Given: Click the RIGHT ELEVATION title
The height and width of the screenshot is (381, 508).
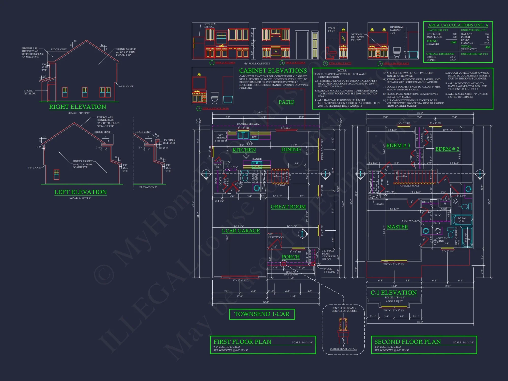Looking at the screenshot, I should pyautogui.click(x=77, y=107).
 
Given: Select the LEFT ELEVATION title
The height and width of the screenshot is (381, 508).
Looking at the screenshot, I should pyautogui.click(x=80, y=192).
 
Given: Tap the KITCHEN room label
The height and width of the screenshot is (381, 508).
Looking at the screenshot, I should pyautogui.click(x=244, y=150).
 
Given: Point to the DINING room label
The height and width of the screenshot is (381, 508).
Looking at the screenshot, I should pyautogui.click(x=291, y=149).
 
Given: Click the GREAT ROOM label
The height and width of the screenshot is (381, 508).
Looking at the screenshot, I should pyautogui.click(x=288, y=207).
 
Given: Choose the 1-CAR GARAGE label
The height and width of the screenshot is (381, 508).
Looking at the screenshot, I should pyautogui.click(x=241, y=231).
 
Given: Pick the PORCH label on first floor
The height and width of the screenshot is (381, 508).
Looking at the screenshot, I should pyautogui.click(x=291, y=257).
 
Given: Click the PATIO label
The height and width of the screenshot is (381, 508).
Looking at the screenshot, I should pyautogui.click(x=286, y=102).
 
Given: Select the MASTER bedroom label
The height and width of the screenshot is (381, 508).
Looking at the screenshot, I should pyautogui.click(x=397, y=227).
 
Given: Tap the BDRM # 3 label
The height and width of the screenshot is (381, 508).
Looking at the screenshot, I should pyautogui.click(x=398, y=145).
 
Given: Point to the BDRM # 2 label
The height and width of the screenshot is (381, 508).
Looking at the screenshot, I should pyautogui.click(x=447, y=149).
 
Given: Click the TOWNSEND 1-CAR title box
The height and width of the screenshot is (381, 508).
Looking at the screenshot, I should pyautogui.click(x=262, y=314).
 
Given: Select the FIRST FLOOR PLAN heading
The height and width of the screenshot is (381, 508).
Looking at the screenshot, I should pyautogui.click(x=242, y=342).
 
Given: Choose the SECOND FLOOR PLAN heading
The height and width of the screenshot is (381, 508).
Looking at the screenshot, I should pyautogui.click(x=407, y=342).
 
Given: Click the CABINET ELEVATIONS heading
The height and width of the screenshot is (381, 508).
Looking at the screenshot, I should pyautogui.click(x=273, y=71).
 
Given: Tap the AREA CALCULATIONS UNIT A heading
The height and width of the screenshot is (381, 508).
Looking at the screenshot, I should pyautogui.click(x=458, y=25).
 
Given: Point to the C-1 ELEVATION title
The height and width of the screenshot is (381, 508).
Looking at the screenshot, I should pyautogui.click(x=393, y=293).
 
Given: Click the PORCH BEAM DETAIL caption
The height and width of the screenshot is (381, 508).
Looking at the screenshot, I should pyautogui.click(x=343, y=349).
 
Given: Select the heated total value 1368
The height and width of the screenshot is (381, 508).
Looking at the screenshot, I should pyautogui.click(x=453, y=42).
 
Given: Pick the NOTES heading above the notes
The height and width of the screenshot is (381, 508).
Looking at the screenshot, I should pyautogui.click(x=342, y=70).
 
